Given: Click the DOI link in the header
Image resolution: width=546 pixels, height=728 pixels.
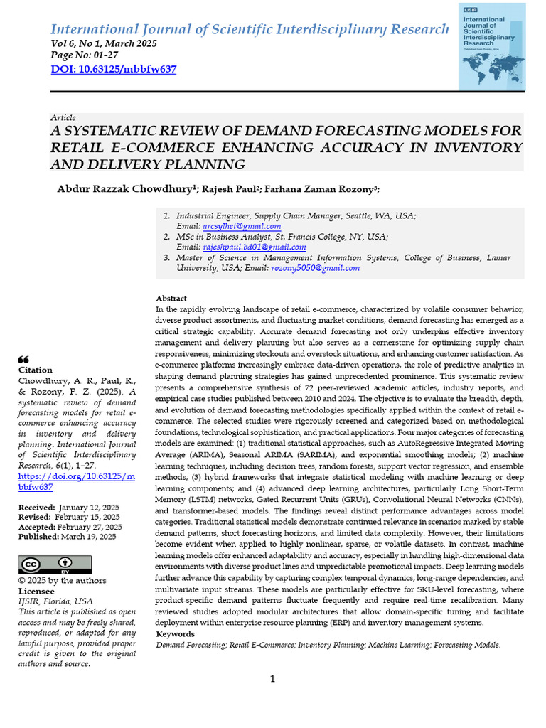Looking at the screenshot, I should pyautogui.click(x=114, y=69).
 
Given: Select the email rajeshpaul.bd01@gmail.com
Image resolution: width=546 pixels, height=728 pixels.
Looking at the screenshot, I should pyautogui.click(x=255, y=247).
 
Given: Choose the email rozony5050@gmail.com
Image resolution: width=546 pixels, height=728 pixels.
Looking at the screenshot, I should pyautogui.click(x=315, y=268).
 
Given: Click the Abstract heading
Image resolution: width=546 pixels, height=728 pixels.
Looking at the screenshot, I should pyautogui.click(x=171, y=299).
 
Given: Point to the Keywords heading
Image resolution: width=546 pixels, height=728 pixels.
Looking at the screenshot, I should pyautogui.click(x=175, y=633).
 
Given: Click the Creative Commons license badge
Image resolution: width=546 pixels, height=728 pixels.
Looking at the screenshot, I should pyautogui.click(x=55, y=564).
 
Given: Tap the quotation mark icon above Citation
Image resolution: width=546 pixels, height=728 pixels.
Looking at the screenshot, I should pyautogui.click(x=23, y=359).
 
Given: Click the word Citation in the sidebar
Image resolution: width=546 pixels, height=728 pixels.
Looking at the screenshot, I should pyautogui.click(x=35, y=370).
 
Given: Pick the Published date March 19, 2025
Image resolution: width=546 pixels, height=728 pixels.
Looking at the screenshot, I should pyautogui.click(x=87, y=537).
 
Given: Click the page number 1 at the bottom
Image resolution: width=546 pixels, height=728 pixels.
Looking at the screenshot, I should pyautogui.click(x=273, y=680).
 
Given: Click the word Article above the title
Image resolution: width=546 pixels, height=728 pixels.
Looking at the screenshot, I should pyautogui.click(x=63, y=117).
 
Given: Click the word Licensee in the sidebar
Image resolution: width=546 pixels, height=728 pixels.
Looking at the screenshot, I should pyautogui.click(x=36, y=591).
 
